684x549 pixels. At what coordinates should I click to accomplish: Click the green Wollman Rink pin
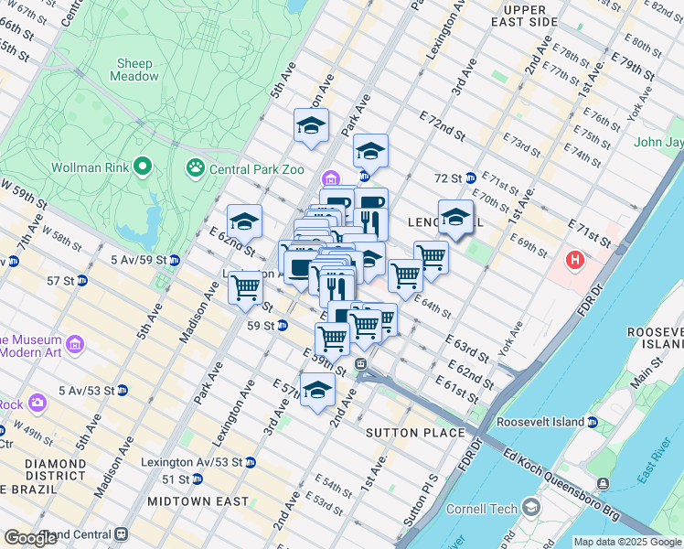142,167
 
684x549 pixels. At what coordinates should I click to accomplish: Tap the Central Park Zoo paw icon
195,167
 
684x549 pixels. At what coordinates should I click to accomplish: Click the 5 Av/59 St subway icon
174,260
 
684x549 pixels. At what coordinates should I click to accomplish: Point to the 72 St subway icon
469,178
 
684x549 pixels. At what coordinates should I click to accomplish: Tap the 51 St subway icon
197,479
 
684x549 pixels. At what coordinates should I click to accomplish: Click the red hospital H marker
575,261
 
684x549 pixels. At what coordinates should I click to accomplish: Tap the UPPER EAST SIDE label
524,15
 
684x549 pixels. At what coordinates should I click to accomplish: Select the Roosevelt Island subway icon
593,423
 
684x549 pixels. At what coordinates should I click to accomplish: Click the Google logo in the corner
30,538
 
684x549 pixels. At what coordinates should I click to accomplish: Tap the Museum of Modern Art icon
74,345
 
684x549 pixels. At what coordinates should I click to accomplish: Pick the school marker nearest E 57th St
316,389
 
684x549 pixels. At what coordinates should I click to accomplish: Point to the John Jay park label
659,142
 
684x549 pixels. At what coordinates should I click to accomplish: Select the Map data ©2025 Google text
626,542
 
